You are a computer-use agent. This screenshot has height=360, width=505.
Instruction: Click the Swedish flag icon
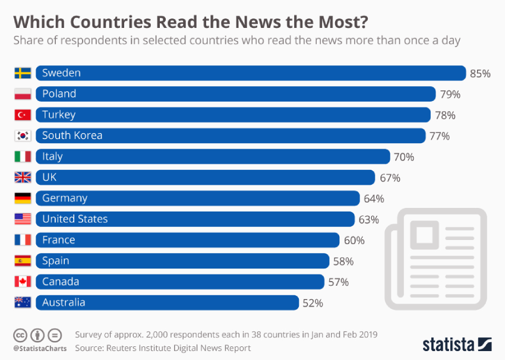23,73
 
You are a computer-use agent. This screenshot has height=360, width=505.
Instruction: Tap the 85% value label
480,74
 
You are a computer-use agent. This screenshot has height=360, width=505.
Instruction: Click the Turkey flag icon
23,115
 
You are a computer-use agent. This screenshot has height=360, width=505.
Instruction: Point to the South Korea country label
72,135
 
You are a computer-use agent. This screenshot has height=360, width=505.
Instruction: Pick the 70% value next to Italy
403,157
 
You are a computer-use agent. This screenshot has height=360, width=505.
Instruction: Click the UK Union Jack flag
23,178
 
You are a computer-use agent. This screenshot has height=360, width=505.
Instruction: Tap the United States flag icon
23,219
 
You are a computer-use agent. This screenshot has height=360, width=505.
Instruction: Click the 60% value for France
354,241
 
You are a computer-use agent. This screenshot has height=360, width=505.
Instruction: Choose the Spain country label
55,261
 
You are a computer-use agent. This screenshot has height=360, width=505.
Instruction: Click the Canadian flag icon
23,282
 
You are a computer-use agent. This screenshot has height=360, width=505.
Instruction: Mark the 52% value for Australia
313,303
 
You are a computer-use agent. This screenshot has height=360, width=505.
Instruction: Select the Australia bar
167,302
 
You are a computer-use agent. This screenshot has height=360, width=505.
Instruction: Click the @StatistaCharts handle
40,348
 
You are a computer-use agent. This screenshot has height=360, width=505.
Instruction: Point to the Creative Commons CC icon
20,334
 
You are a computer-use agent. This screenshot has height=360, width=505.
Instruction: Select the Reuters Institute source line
163,348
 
